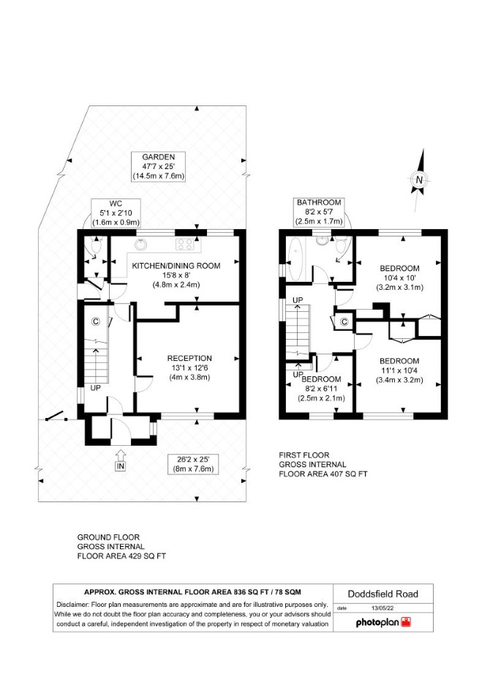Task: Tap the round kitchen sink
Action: pyautogui.click(x=140, y=245)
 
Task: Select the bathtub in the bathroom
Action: pyautogui.click(x=294, y=259)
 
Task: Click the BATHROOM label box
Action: pyautogui.click(x=320, y=212)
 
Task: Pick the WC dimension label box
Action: pyautogui.click(x=116, y=213)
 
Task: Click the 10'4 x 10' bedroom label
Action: pyautogui.click(x=400, y=277)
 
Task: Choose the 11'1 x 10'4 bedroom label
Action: pyautogui.click(x=399, y=370)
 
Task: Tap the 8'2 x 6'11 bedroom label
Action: pyautogui.click(x=321, y=389)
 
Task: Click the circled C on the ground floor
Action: pyautogui.click(x=95, y=321)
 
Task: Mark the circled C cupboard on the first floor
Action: pyautogui.click(x=344, y=321)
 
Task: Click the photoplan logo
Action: pyautogui.click(x=383, y=622)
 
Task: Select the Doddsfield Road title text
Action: pyautogui.click(x=383, y=594)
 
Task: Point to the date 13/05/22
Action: pyautogui.click(x=382, y=608)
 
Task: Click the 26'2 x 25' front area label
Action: pyautogui.click(x=193, y=464)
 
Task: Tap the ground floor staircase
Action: pyautogui.click(x=96, y=361)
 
